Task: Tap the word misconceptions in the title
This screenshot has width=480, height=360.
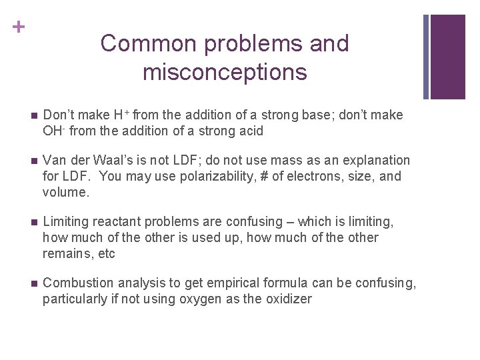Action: click(225, 71)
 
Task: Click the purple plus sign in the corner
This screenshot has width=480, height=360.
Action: click(19, 27)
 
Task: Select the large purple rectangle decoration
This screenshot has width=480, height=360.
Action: click(447, 57)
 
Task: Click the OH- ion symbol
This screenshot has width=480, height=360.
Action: click(54, 131)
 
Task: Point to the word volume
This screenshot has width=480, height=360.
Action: click(65, 193)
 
